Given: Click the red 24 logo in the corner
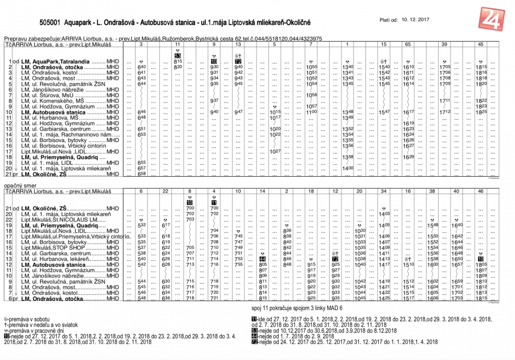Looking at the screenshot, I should pos(493,21).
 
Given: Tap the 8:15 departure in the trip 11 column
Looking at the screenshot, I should pos(178,61).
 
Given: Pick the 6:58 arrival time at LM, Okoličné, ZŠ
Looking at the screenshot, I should pos(142,174).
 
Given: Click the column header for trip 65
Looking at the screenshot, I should pos(408,44).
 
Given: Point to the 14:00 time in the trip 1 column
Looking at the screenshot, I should pos(348,168).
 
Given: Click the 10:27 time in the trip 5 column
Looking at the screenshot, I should pos(275,151).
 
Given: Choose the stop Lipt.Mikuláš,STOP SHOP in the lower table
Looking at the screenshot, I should pos(56,248).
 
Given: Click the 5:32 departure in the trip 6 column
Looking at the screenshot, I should pos(141,225).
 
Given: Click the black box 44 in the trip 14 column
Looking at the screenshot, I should pos(263,259).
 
